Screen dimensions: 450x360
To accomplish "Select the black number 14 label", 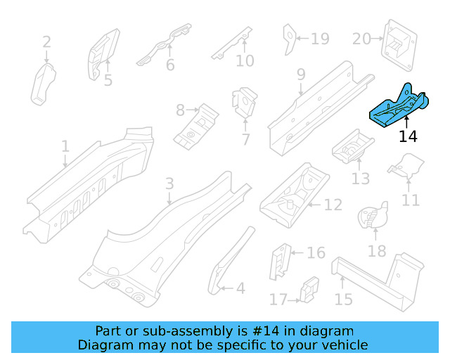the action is (x=408, y=136).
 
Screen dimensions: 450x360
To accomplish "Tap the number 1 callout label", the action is (x=65, y=146).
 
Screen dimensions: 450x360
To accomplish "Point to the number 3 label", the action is (x=169, y=184).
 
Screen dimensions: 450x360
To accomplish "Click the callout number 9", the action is (x=300, y=74).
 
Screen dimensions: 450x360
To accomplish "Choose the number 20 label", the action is (x=361, y=39).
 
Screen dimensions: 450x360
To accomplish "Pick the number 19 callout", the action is (x=320, y=39).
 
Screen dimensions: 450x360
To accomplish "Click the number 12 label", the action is (x=333, y=205).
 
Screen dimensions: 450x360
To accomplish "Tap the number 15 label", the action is (x=343, y=299).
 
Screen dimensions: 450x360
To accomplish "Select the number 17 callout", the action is (x=278, y=300).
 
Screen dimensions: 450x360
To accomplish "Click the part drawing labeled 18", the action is (x=373, y=216).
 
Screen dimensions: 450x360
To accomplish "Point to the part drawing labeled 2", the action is (x=43, y=84).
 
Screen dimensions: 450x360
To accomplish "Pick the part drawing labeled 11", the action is (x=406, y=167).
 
